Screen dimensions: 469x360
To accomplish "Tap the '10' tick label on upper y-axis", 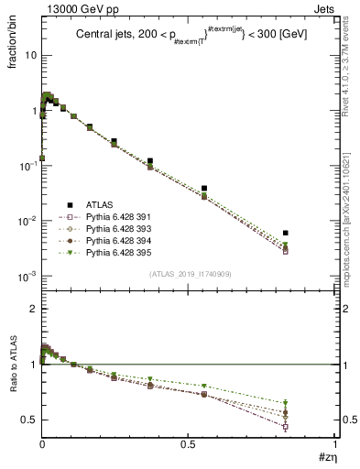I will [29, 55].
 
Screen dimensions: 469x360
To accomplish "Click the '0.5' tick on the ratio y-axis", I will [29, 420].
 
